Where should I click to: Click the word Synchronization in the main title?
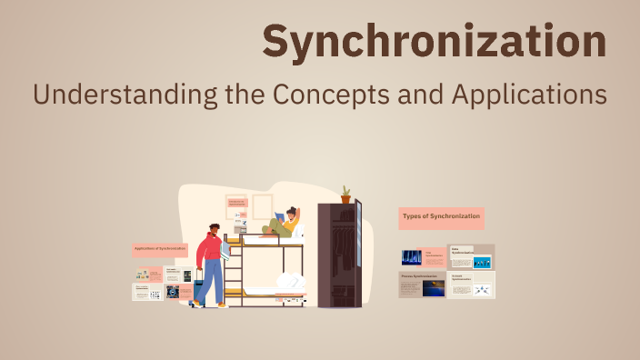point(435,42)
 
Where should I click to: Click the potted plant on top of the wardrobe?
point(345,194)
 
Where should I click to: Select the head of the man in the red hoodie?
point(214,231)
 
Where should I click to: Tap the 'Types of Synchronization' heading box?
point(441,217)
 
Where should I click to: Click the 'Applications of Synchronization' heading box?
point(160,248)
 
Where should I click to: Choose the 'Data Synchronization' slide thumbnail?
point(472,256)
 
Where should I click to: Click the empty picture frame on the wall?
point(263,206)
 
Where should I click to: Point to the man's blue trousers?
point(210,279)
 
